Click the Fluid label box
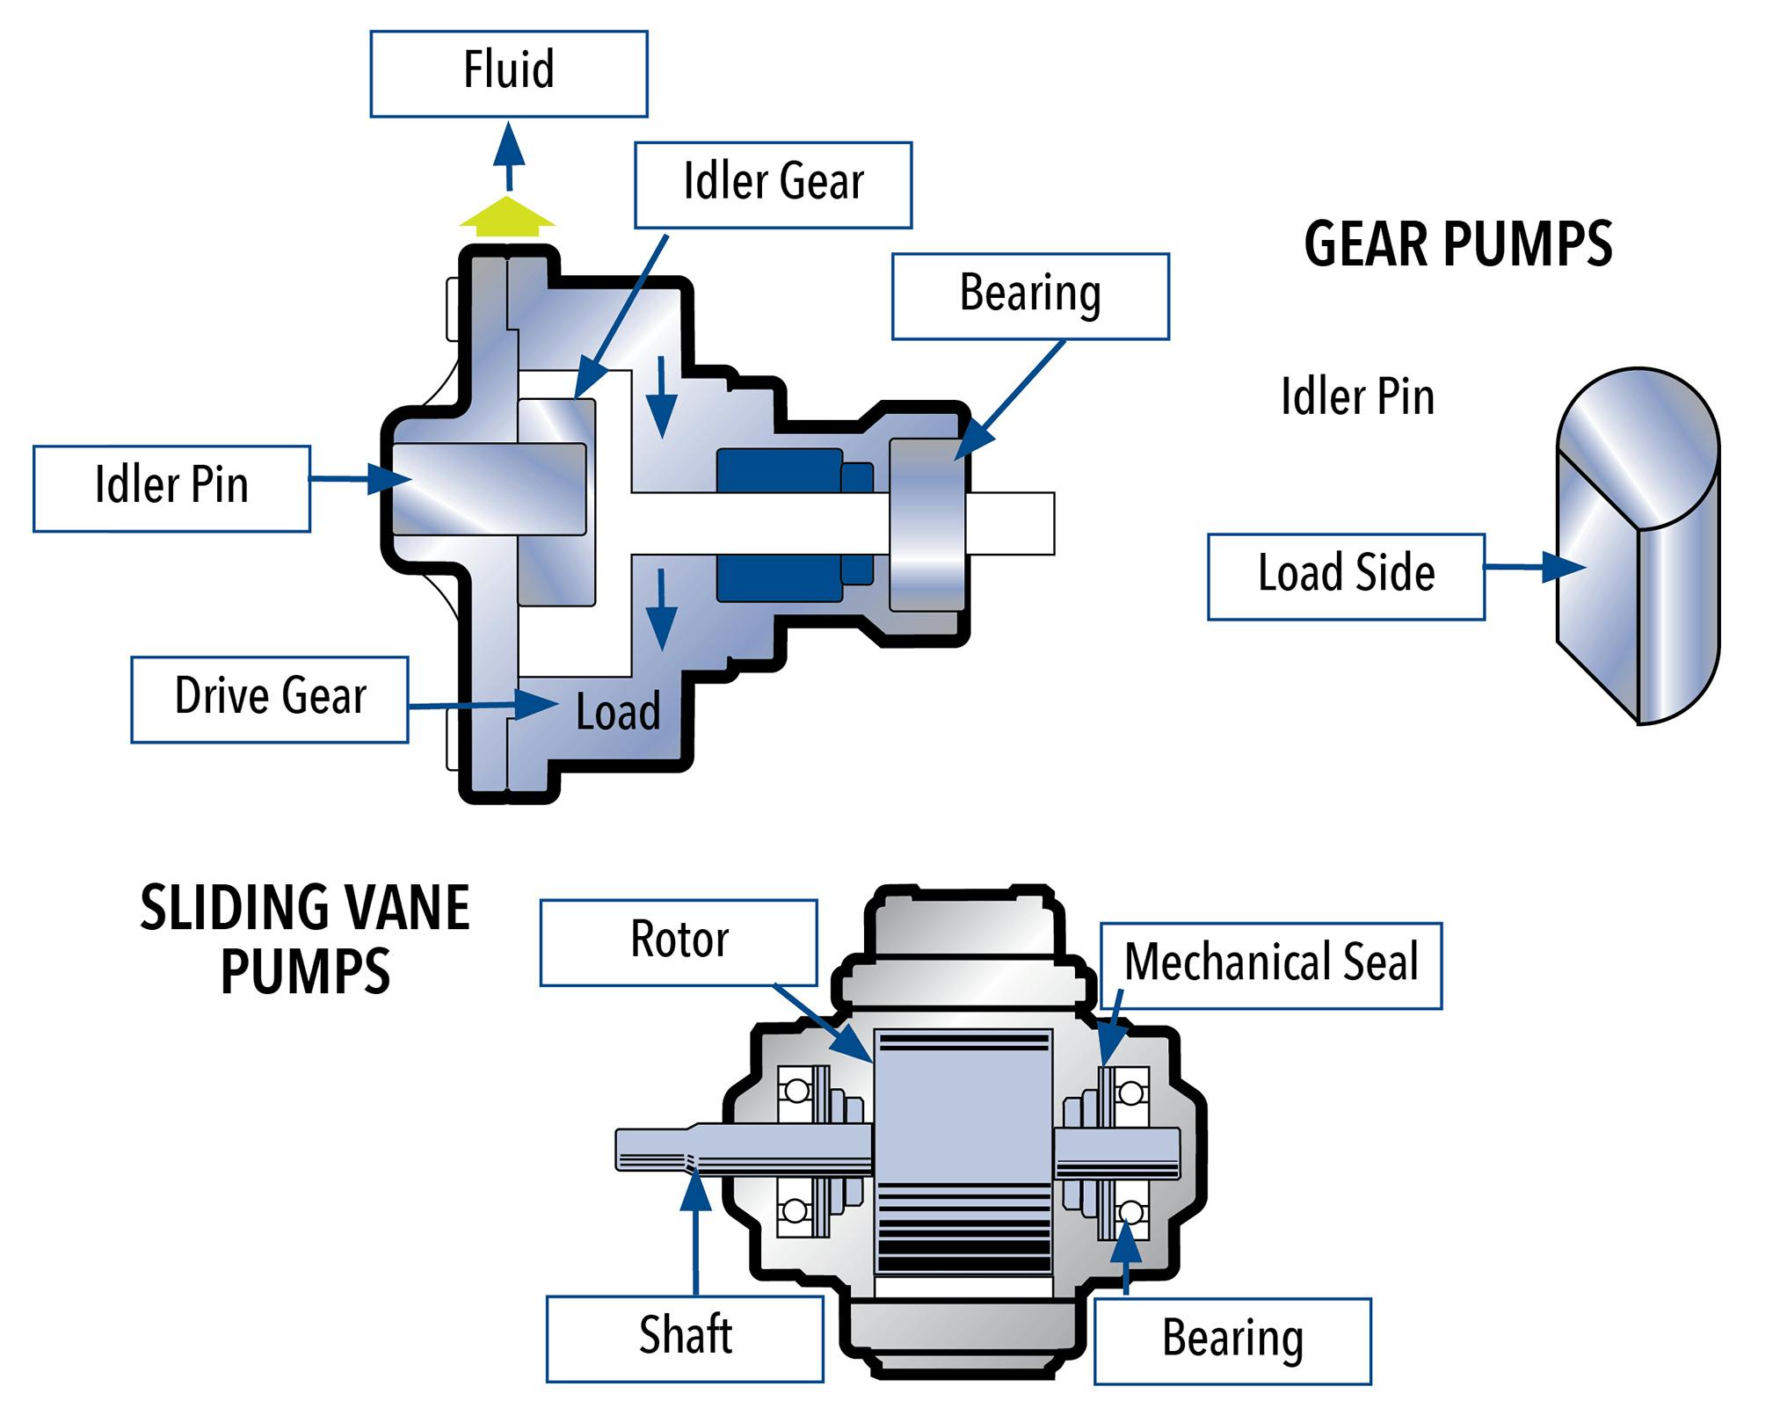508,74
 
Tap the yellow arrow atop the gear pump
507,216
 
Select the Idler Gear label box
773,185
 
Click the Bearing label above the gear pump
1029,296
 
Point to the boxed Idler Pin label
171,488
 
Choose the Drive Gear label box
269,699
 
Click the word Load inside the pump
618,712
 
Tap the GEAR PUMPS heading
1457,244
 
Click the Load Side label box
1345,576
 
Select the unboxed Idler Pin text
1356,396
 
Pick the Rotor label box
678,941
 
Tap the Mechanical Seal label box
1270,964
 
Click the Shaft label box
684,1337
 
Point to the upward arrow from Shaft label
695,1231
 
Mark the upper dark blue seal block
779,469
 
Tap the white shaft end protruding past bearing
1011,523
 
